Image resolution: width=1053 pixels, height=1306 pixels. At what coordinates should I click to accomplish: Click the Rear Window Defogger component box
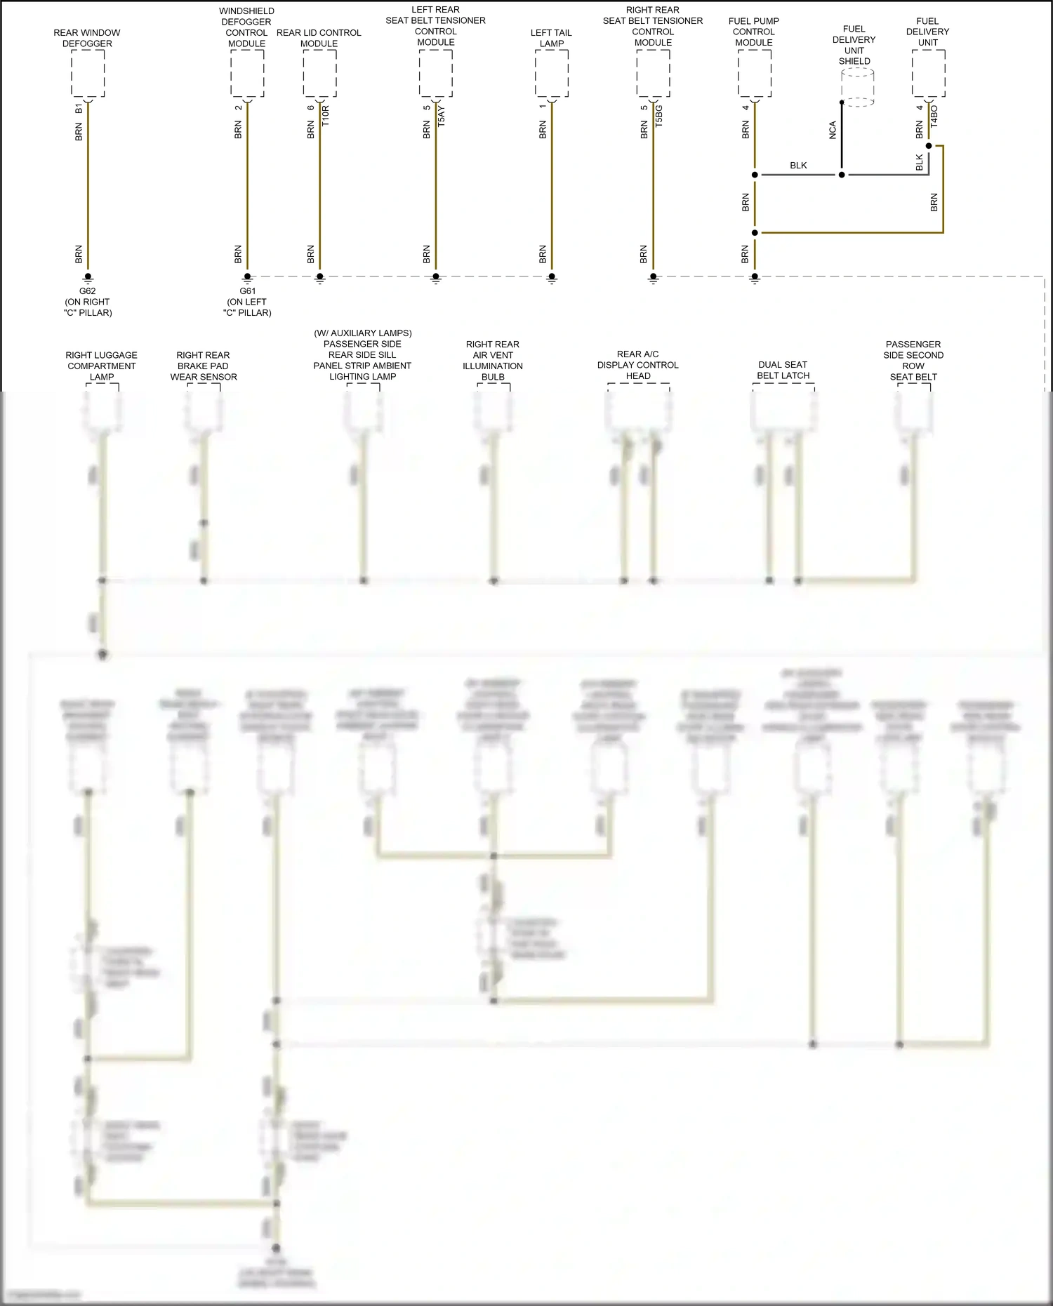coord(88,74)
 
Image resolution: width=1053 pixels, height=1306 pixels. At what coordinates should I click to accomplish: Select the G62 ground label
coord(88,291)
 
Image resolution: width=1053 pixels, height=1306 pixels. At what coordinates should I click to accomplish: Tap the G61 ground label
coord(247,291)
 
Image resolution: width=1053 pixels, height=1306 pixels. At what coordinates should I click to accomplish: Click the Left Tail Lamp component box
coord(552,74)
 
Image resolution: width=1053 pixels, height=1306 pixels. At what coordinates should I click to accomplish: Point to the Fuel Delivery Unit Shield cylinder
coord(857,88)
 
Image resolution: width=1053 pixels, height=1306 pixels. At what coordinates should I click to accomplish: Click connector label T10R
coord(326,116)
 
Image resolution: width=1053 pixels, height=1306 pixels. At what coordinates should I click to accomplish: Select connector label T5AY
coord(442,116)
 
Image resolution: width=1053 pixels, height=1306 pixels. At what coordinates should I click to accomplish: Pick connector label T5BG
coord(659,116)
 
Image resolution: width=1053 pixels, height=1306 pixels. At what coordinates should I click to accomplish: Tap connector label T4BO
coord(934,116)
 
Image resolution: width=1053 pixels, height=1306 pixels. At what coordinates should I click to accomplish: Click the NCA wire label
coord(833,130)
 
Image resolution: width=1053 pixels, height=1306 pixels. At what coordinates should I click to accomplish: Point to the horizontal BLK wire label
coord(798,166)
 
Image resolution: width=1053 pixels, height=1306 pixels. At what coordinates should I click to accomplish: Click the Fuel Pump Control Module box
coord(755,74)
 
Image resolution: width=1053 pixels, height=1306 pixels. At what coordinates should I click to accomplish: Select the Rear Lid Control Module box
coord(319,74)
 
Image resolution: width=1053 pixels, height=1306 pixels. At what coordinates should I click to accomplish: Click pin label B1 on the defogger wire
coord(79,109)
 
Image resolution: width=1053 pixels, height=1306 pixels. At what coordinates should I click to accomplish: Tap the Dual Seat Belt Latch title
coord(783,370)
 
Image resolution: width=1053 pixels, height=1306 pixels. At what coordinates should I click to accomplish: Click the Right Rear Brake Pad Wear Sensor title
coord(204,366)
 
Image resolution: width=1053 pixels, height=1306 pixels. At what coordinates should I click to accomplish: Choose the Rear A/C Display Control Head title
coord(638,365)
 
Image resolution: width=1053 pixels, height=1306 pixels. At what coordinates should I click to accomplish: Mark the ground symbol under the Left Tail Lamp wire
coord(552,279)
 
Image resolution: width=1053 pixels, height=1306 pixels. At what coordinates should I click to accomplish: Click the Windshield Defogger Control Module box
coord(247,74)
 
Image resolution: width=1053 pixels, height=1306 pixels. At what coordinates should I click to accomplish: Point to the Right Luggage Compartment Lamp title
coord(102,366)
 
